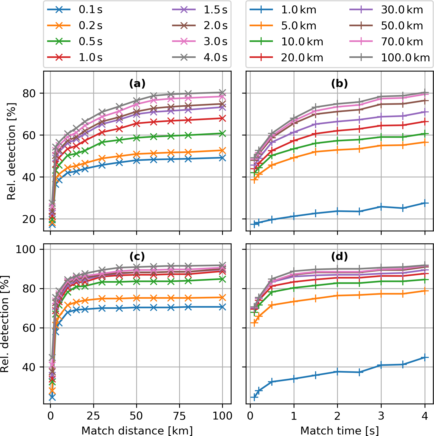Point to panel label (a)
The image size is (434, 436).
point(137,84)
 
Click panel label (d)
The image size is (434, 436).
point(339,256)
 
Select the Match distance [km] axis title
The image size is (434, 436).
point(137,430)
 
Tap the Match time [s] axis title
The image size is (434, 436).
point(339,430)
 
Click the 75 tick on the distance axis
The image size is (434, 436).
point(179,416)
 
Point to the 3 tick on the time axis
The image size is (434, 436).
point(381,416)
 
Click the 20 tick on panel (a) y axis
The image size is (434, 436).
point(29,219)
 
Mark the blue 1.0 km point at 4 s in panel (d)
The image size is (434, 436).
point(425,357)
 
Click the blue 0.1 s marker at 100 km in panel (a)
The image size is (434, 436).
point(222,158)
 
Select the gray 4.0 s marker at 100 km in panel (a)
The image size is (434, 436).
point(222,92)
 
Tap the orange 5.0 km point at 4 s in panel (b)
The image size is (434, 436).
point(425,142)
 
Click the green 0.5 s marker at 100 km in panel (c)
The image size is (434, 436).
point(222,279)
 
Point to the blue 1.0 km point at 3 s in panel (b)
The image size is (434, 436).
point(381,207)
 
